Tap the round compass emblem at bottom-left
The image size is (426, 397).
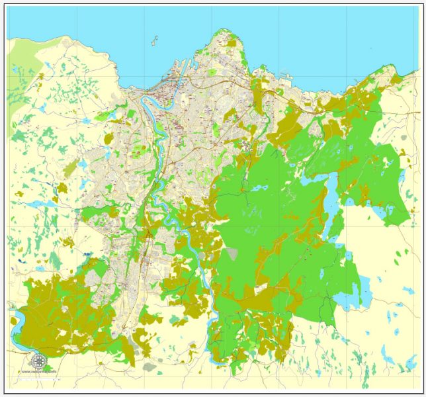pyautogui.click(x=39, y=361)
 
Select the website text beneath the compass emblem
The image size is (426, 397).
pyautogui.click(x=39, y=371)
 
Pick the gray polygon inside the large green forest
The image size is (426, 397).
pyautogui.click(x=232, y=254)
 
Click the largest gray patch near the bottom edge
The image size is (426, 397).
pyautogui.click(x=149, y=366)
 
